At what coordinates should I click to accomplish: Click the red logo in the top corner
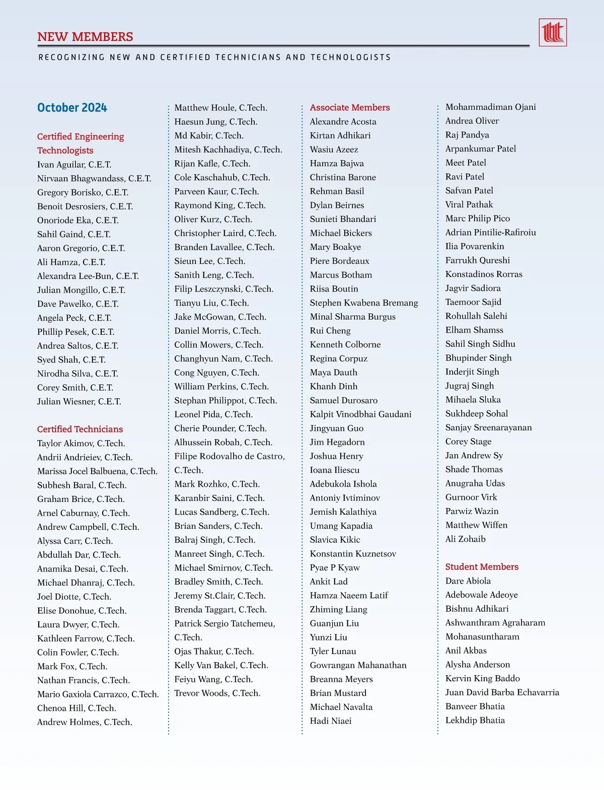coord(552,33)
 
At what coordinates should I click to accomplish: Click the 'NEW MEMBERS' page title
coord(85,37)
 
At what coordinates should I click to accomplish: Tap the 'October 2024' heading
coord(72,108)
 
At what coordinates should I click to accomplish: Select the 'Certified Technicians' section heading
coord(80,429)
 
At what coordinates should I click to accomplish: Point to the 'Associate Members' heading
coord(350,107)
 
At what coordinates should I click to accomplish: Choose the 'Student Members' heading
coord(482,566)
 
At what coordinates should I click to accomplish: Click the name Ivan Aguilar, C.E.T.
coord(74,165)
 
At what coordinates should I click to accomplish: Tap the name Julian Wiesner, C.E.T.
coord(79,401)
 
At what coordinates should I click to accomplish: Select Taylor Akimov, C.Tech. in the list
coord(81,443)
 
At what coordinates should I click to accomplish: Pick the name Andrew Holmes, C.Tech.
coord(85,722)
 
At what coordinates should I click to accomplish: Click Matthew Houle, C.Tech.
coord(220,108)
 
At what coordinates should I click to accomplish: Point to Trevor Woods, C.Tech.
coord(217,693)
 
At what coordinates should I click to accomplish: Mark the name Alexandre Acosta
coord(343,121)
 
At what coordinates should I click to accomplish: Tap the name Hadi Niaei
coord(331,721)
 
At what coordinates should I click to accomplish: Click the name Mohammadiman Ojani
coord(490,107)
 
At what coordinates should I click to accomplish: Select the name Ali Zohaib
coord(466,539)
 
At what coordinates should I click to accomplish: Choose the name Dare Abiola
coord(468,581)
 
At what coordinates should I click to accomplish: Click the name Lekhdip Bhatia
coord(475,720)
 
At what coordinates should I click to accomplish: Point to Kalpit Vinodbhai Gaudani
coord(360,414)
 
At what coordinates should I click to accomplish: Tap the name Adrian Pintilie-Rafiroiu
coord(490,232)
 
